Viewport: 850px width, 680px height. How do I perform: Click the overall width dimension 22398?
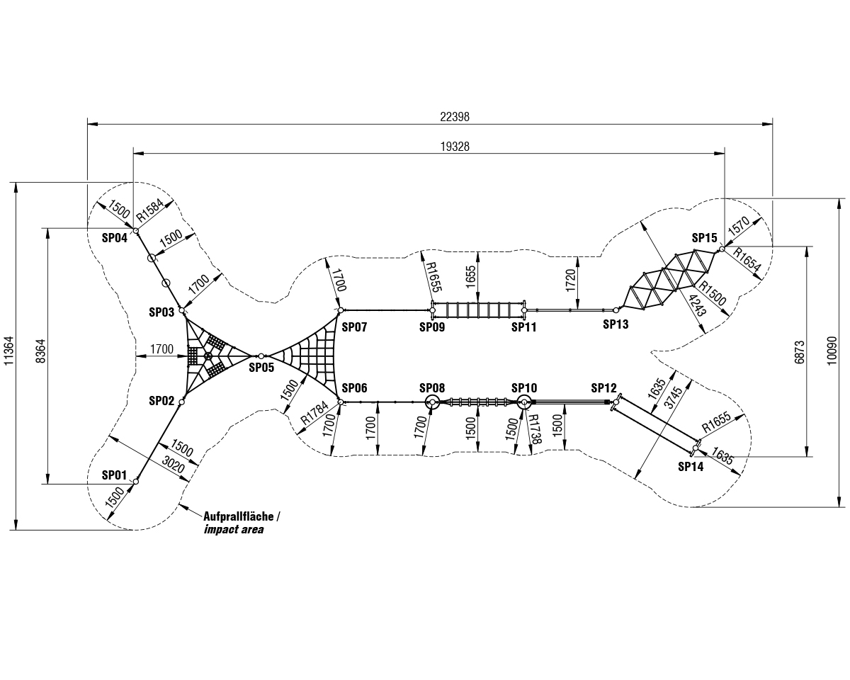tap(455, 117)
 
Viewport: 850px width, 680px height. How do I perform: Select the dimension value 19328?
tap(455, 146)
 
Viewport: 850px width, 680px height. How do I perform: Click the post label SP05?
tap(261, 367)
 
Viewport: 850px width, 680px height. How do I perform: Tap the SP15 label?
tap(705, 238)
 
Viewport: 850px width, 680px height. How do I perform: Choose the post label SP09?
tap(431, 327)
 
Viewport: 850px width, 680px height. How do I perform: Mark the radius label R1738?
tap(533, 430)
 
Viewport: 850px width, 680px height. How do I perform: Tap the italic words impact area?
tap(233, 529)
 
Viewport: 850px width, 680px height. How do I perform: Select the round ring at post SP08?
tap(432, 402)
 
